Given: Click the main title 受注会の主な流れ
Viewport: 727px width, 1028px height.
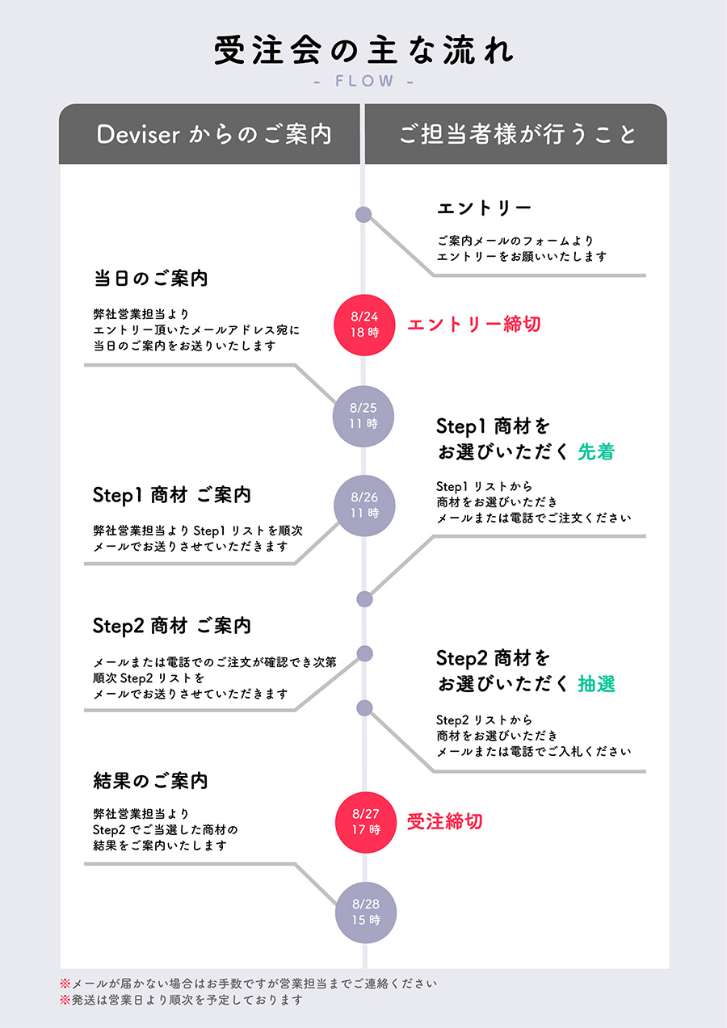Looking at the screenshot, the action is coord(363,50).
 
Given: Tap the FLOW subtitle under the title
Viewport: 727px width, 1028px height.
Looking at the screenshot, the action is coord(364,82).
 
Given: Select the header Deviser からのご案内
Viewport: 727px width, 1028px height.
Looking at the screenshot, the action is coord(214,135).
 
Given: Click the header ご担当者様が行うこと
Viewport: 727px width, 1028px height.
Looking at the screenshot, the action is coord(518,135).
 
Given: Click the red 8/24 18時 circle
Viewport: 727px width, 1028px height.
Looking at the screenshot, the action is coord(364,325).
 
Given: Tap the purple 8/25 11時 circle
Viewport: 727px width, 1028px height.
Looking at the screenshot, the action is coord(363,416).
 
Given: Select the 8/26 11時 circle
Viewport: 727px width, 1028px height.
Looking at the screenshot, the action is coord(364,506).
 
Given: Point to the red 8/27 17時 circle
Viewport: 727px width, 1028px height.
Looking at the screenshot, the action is coord(366,822).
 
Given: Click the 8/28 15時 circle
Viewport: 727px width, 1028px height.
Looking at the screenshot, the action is coord(366,913).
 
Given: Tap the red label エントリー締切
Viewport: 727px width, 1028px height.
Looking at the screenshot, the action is coord(474,324).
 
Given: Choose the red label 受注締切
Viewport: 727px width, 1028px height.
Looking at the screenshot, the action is coord(445,821).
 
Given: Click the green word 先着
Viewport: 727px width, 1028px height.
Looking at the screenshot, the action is coord(596,451).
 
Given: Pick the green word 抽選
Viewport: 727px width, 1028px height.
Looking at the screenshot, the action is coord(596,684).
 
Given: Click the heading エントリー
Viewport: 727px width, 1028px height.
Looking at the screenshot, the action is coord(484,208).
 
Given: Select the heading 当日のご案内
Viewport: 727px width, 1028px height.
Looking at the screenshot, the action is coord(150,278).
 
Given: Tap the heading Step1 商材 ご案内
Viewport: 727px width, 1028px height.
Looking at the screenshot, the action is coord(171,495).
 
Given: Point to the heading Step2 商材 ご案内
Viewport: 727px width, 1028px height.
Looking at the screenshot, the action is coord(171,626).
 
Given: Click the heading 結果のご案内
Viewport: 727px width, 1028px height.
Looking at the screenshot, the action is coord(150,781).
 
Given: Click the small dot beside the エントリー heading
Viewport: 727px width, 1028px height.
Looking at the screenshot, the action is coord(363,214).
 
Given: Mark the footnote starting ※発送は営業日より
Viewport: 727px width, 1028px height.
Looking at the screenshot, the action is coord(181,1000).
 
